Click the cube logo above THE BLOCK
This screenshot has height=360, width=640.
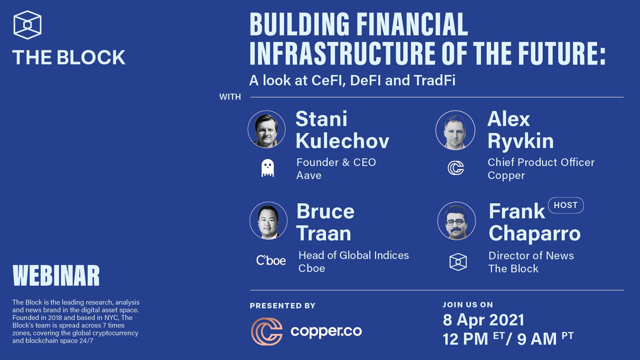point(27,25)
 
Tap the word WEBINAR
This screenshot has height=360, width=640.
point(56,276)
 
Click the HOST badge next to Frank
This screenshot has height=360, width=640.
point(566,205)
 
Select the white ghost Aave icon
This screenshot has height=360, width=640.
point(267,168)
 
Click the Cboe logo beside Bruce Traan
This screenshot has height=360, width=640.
point(271,260)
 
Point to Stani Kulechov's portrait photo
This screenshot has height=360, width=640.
point(267,129)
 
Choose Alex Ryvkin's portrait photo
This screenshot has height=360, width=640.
point(455,130)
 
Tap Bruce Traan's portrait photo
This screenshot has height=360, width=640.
point(268,221)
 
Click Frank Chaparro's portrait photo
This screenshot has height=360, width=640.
point(457,221)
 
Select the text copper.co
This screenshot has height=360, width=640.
point(326,331)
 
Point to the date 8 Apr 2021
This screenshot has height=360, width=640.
point(483,320)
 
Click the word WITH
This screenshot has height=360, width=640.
point(230,97)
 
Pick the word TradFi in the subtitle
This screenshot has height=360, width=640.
point(434,80)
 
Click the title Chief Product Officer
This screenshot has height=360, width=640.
point(541,162)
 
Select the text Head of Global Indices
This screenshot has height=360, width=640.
point(354,255)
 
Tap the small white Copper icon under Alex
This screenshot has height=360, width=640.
point(456,168)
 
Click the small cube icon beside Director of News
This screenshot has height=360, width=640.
point(458,262)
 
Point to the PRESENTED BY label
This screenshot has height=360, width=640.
point(283,306)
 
